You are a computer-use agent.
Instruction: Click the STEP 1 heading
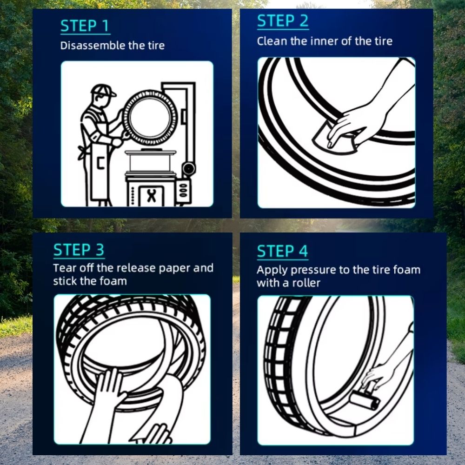(x=85, y=26)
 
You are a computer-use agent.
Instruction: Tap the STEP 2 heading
(x=283, y=21)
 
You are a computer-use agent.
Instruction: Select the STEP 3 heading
(x=79, y=250)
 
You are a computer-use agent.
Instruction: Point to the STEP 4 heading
(x=282, y=251)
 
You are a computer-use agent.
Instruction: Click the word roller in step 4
(x=306, y=283)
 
